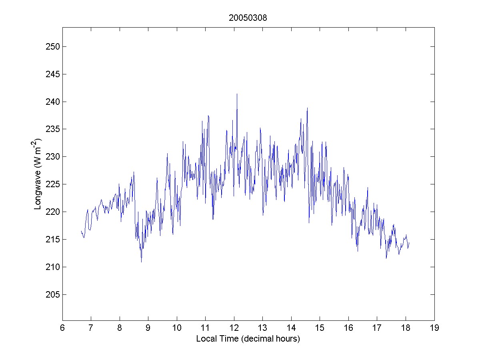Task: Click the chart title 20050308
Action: click(x=248, y=18)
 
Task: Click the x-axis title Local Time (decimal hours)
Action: click(x=248, y=339)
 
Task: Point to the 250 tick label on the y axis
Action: click(x=51, y=46)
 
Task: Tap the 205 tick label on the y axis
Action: click(x=51, y=294)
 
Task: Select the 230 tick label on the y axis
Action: click(x=51, y=156)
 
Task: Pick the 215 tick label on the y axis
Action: click(x=51, y=239)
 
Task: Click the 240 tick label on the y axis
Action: click(x=51, y=102)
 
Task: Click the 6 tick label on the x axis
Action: click(x=62, y=328)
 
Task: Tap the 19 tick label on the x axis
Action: click(x=434, y=328)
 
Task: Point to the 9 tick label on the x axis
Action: click(x=148, y=328)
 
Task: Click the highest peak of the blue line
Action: click(x=237, y=94)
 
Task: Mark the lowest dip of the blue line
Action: click(x=141, y=262)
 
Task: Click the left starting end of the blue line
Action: click(x=81, y=231)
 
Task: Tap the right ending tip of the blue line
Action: click(x=409, y=242)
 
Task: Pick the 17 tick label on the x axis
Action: click(x=377, y=328)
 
